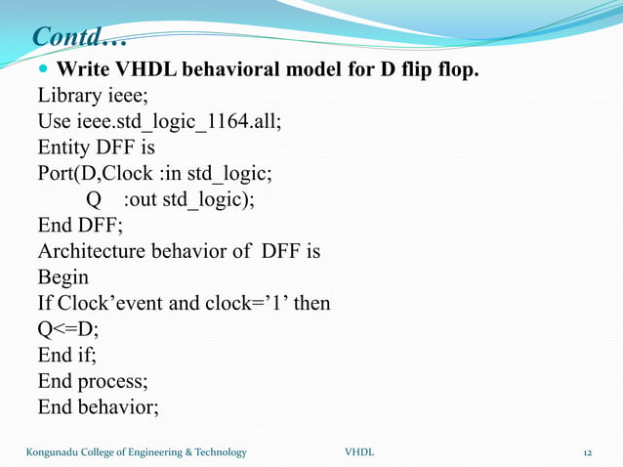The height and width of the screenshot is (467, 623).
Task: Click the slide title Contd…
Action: tap(79, 37)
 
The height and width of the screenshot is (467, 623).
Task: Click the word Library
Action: tap(69, 98)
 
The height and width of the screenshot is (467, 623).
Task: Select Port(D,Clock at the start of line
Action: tap(93, 175)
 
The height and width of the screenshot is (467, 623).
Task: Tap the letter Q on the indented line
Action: tap(95, 200)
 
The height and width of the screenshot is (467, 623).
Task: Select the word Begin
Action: tap(62, 277)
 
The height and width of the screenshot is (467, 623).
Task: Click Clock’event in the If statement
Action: tap(108, 303)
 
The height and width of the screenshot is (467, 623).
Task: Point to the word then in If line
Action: tap(311, 303)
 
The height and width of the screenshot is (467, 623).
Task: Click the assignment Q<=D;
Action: tap(68, 328)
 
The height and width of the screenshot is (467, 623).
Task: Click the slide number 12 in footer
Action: tap(588, 451)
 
